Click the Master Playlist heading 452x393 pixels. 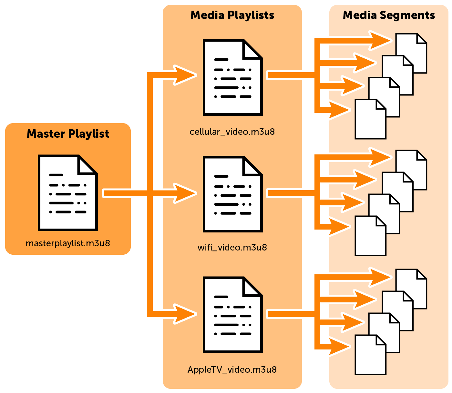68,134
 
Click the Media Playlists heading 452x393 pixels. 232,15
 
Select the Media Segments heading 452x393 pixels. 389,15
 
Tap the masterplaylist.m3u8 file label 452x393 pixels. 68,243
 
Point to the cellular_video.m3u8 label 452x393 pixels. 232,132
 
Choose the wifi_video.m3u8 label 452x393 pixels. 232,248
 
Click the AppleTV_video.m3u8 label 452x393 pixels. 232,369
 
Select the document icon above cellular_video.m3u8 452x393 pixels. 232,77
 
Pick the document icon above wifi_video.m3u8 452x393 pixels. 232,194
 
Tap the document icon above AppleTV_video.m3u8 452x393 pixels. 232,315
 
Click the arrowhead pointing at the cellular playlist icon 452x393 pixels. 185,75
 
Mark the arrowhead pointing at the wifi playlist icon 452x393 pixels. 185,193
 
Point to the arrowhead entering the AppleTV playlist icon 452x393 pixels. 185,314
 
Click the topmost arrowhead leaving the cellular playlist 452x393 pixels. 381,41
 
